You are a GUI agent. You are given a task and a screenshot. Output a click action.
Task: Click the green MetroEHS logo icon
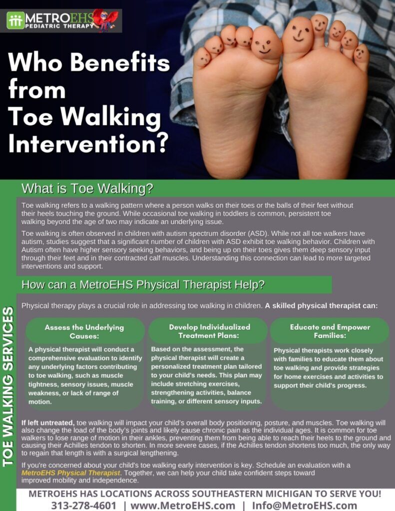tap(15, 20)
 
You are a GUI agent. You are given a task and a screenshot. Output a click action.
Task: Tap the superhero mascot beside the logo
tap(107, 20)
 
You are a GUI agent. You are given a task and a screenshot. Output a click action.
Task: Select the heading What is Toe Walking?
tap(87, 189)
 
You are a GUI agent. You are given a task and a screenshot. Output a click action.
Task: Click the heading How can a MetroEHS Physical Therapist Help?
tap(143, 285)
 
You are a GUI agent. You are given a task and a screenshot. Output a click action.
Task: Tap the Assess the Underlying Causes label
tap(84, 331)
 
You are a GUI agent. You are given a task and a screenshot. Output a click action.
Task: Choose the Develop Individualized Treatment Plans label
tap(209, 331)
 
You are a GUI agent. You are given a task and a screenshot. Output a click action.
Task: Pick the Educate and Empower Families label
tap(330, 331)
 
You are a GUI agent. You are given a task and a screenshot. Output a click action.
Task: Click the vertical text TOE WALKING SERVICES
tap(8, 387)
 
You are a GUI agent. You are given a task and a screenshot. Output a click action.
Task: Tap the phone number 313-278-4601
tap(83, 505)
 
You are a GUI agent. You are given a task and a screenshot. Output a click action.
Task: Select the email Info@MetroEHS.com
tap(304, 505)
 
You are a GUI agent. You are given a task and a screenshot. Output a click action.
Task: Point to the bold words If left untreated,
tap(48, 423)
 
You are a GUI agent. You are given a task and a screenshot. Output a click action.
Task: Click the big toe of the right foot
tap(298, 34)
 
